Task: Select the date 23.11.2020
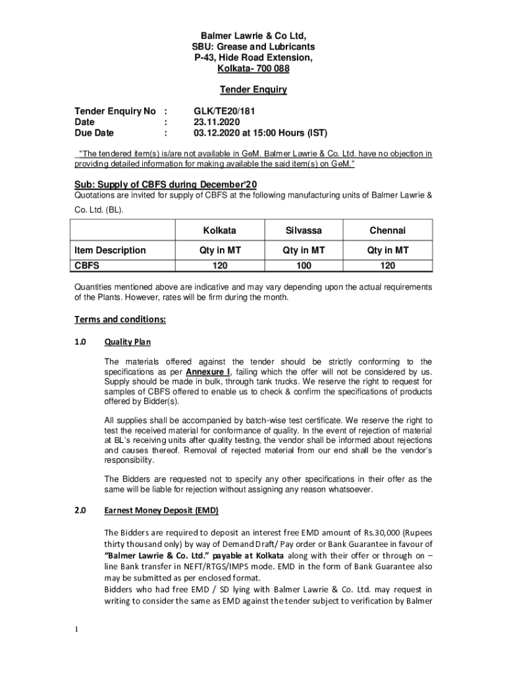point(212,122)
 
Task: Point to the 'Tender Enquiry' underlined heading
point(254,90)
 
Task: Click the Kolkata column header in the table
point(220,230)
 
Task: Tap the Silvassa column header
point(304,230)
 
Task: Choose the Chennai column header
point(387,230)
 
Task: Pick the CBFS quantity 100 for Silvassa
point(304,265)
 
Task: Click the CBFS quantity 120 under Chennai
point(387,265)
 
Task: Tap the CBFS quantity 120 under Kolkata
point(220,265)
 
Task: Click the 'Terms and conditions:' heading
point(120,319)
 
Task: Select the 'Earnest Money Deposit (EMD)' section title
point(161,510)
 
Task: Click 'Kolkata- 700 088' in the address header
point(254,68)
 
